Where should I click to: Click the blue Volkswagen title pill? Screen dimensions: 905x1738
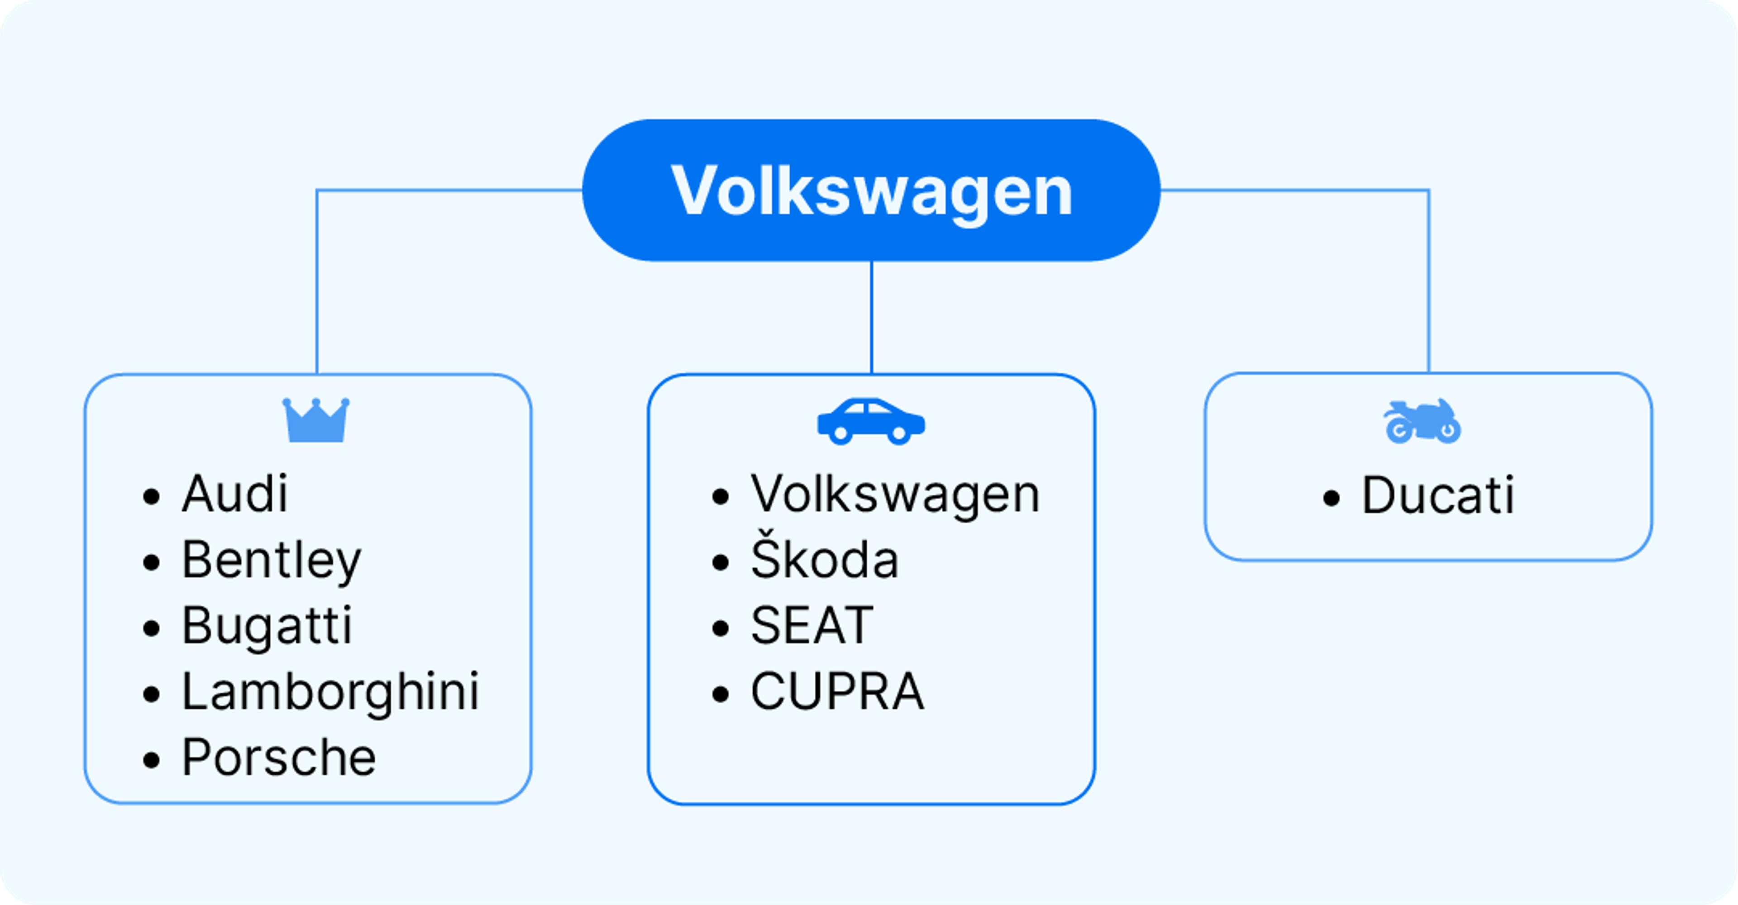coord(870,190)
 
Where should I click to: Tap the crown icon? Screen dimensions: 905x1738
coord(316,421)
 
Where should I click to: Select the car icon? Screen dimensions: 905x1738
coord(870,421)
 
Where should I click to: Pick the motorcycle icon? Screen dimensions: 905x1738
coord(1422,421)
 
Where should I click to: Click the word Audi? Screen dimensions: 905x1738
coord(235,494)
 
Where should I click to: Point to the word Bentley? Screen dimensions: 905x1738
coord(271,560)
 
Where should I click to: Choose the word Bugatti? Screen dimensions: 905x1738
coord(267,626)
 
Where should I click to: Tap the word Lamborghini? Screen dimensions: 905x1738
coord(330,692)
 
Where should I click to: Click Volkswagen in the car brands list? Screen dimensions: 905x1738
coord(895,494)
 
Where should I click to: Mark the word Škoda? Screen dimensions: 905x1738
coord(825,560)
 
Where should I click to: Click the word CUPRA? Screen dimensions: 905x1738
coord(837,692)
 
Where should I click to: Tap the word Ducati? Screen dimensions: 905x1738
coord(1438,495)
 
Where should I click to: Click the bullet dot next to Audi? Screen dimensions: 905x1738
coord(151,497)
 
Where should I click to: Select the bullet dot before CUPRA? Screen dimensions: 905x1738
coord(721,695)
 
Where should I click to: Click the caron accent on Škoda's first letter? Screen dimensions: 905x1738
coord(763,533)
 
